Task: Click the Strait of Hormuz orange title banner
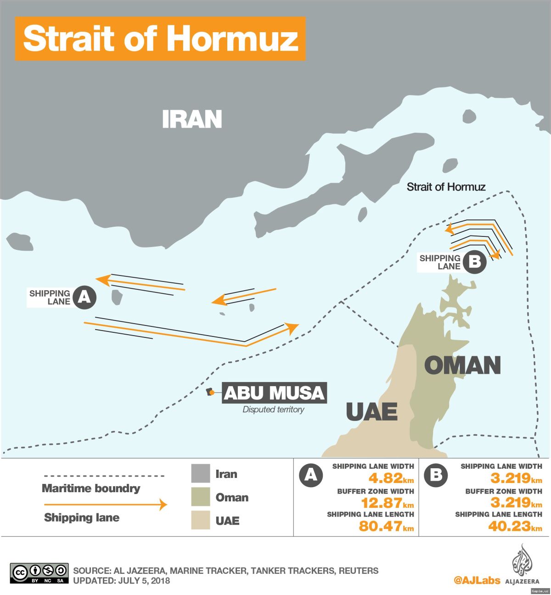point(160,39)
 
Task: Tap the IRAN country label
point(192,119)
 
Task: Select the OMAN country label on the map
point(462,365)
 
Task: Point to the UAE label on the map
point(371,411)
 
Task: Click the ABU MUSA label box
point(274,393)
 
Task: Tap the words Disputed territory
point(273,410)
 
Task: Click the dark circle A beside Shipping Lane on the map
point(84,297)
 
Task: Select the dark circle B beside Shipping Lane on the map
point(474,262)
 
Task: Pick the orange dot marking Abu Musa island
point(212,392)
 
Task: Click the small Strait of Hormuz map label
point(446,187)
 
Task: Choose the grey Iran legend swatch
point(201,474)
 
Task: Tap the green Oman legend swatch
point(201,497)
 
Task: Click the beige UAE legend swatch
point(201,520)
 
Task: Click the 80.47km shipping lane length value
point(386,526)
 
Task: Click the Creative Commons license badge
point(39,573)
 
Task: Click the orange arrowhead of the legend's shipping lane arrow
point(163,505)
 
